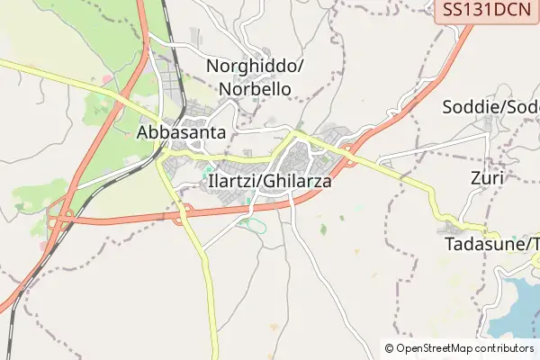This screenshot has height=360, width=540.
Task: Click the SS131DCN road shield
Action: [x=487, y=12]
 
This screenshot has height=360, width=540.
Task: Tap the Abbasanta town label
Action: [x=181, y=132]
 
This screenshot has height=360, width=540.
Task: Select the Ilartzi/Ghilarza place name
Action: [x=270, y=181]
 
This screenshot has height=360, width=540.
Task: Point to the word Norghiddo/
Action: [x=256, y=67]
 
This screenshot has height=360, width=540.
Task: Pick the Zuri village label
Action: [x=487, y=178]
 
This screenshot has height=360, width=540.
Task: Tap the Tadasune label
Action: [x=490, y=244]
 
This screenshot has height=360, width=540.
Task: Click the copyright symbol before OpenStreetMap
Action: [x=389, y=347]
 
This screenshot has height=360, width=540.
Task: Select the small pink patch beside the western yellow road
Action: [x=107, y=80]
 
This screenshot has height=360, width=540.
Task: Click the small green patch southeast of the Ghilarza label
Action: [x=323, y=229]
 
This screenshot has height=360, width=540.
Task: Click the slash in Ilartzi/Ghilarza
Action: [x=263, y=181]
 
